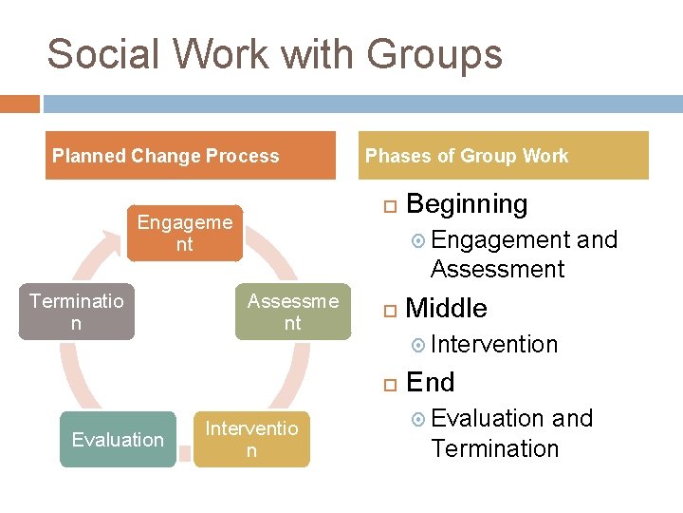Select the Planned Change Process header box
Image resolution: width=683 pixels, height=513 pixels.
pos(194,156)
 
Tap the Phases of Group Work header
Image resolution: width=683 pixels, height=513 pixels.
pos(507,156)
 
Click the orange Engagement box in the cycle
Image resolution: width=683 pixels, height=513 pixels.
pos(185,233)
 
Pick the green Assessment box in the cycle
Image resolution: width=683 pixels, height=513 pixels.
pos(292,312)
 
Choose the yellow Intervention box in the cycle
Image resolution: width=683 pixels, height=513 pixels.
pos(251,439)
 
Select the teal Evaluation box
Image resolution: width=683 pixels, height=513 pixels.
pos(118,439)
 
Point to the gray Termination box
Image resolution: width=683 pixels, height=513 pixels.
pos(77,312)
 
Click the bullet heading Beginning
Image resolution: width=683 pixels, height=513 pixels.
pos(467,204)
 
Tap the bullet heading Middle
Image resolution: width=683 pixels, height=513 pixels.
pos(446,309)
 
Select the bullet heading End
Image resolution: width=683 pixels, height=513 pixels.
pos(430,383)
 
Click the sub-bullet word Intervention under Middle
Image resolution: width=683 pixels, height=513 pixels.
pos(494,344)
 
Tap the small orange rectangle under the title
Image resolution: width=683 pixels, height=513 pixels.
pos(20,103)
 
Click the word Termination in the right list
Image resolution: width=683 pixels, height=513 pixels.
pos(494,448)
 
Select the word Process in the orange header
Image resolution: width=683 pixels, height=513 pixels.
pos(249,156)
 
